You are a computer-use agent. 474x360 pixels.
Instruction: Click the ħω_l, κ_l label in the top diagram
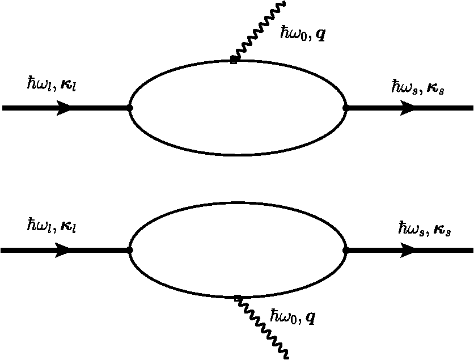[x=52, y=84]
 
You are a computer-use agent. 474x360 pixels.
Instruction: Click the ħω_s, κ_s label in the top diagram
[x=416, y=87]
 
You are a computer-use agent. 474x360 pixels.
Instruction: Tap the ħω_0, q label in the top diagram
[x=303, y=33]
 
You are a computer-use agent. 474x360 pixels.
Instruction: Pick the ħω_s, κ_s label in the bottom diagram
[x=425, y=229]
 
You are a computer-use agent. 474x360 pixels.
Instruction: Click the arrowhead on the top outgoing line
[x=408, y=108]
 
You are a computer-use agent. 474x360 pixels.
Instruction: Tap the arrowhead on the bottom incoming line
[x=63, y=250]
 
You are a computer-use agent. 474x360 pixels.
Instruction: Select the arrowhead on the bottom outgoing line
[x=408, y=250]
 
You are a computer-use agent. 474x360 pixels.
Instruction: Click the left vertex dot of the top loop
[x=130, y=108]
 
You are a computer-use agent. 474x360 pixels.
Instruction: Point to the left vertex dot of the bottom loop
[x=130, y=250]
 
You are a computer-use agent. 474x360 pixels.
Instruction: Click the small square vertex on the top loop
[x=234, y=60]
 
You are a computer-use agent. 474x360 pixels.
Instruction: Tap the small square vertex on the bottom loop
[x=237, y=298]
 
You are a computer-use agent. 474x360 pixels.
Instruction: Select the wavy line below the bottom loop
[x=264, y=329]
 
